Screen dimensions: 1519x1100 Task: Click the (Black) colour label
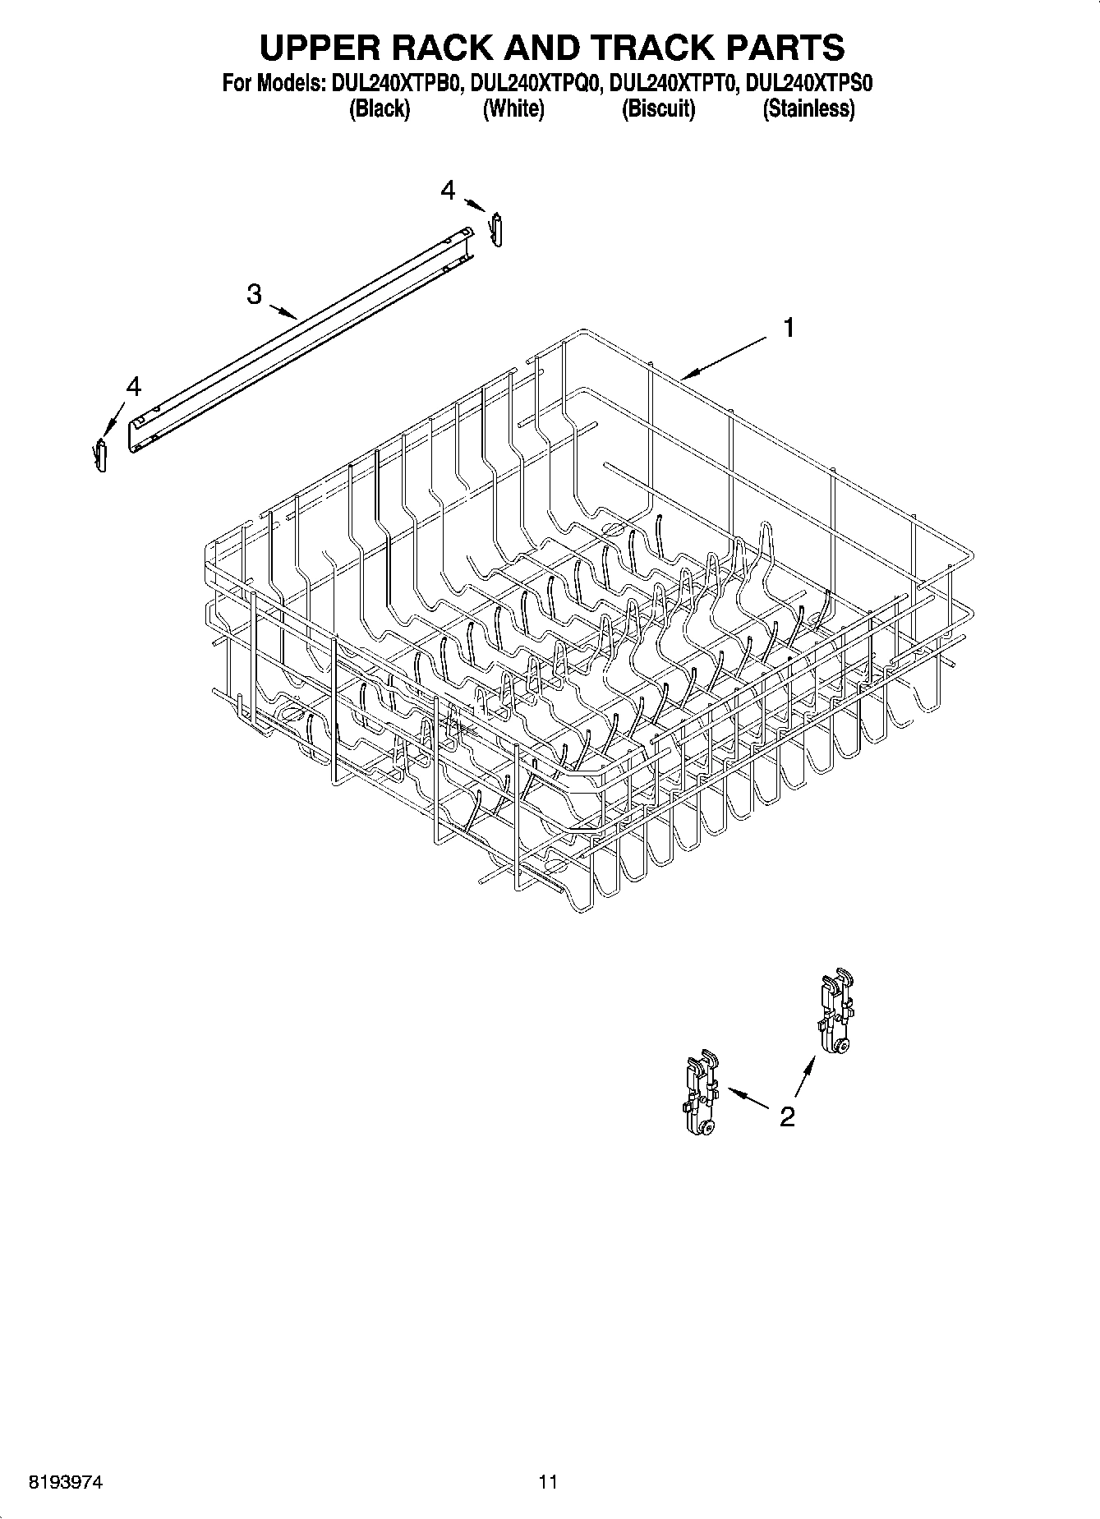click(379, 108)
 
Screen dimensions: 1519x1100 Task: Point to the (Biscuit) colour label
click(658, 108)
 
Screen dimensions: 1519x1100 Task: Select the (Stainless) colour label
click(808, 108)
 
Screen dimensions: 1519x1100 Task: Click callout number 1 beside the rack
click(789, 329)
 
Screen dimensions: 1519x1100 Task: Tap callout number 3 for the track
click(255, 293)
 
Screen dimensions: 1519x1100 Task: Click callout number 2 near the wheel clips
click(787, 1116)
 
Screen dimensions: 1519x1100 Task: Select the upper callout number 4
click(448, 191)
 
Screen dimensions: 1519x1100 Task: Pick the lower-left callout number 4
click(133, 385)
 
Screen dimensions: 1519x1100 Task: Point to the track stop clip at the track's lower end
click(100, 454)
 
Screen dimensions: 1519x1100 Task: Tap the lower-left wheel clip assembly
click(699, 1096)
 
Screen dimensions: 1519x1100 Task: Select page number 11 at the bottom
click(548, 1482)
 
